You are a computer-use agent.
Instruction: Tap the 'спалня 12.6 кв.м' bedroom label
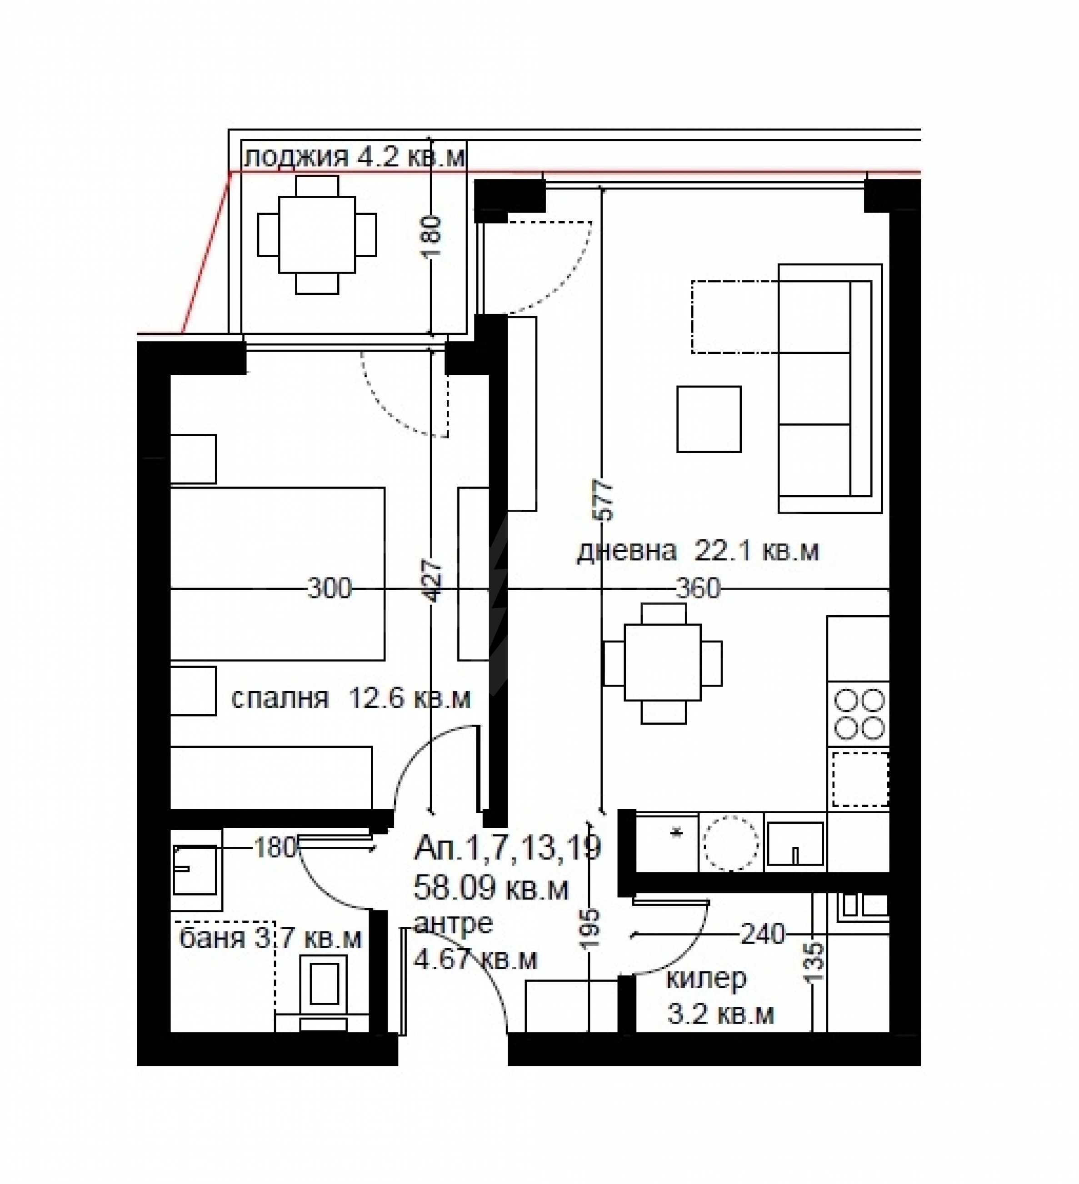pyautogui.click(x=351, y=698)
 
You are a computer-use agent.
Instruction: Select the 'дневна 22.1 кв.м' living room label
pyautogui.click(x=697, y=551)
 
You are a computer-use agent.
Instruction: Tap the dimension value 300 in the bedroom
pyautogui.click(x=330, y=588)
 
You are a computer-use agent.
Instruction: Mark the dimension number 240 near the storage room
pyautogui.click(x=762, y=934)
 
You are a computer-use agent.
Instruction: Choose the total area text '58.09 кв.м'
pyautogui.click(x=491, y=888)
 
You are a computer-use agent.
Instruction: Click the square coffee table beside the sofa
pyautogui.click(x=709, y=419)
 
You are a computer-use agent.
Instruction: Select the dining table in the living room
pyautogui.click(x=663, y=662)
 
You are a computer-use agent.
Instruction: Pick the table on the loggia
pyautogui.click(x=317, y=234)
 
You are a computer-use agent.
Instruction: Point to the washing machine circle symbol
pyautogui.click(x=731, y=843)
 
